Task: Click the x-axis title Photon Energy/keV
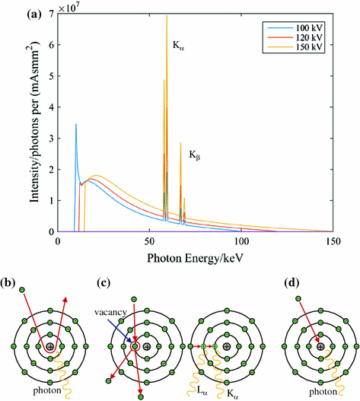pos(196,258)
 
